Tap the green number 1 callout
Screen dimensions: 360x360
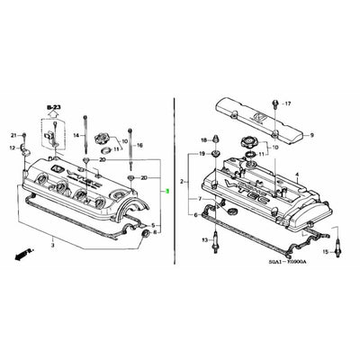coord(166,191)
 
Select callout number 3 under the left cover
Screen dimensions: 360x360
coord(52,245)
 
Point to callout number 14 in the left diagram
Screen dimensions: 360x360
coord(76,135)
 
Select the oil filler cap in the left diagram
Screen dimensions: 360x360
coord(102,139)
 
